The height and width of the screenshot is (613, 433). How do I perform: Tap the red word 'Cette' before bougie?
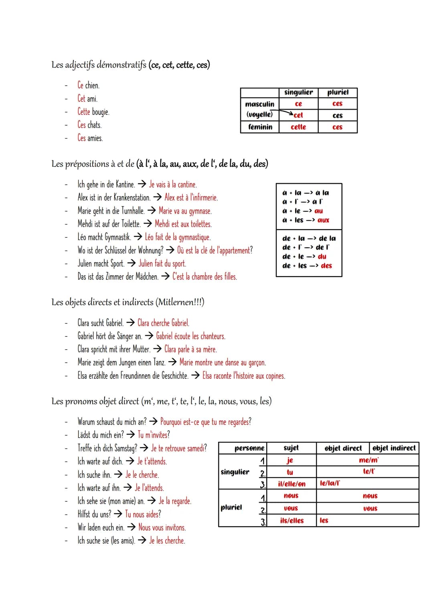84,112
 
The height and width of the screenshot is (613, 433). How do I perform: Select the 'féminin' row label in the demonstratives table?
260,127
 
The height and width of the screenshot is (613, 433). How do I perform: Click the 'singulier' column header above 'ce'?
298,92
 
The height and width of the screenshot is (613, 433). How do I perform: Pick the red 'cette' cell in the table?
298,127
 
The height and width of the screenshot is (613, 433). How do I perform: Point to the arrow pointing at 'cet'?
286,114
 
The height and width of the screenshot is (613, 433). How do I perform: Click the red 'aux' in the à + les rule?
323,220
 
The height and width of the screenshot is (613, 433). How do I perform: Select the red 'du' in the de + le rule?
322,257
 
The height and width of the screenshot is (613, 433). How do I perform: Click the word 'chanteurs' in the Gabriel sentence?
212,336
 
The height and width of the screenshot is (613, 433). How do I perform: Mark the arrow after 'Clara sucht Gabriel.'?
130,323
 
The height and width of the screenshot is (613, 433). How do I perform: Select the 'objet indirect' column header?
394,448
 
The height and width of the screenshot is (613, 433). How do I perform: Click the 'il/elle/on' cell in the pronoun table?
291,484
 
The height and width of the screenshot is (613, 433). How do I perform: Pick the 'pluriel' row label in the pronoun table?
231,507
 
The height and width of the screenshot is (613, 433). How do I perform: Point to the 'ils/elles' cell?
291,521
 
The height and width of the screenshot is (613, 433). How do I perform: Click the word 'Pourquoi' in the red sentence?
171,422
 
